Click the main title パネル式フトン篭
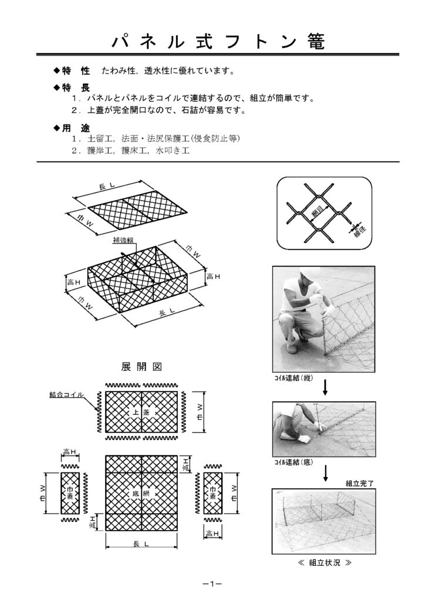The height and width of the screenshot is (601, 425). [217, 42]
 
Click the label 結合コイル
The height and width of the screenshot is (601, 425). [66, 395]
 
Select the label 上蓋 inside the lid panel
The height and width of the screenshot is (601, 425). [141, 413]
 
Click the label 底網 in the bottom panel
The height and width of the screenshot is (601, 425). [141, 494]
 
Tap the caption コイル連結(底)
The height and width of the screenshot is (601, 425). [293, 463]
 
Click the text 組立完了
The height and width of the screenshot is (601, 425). [360, 484]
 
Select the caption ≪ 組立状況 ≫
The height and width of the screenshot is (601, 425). [325, 562]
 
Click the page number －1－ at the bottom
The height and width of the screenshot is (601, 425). [211, 584]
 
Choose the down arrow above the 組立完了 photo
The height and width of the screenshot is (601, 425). [325, 473]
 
